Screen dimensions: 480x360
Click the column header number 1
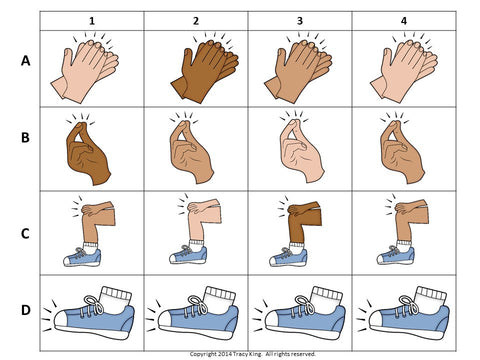(x=92, y=21)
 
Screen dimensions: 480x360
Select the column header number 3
(x=300, y=21)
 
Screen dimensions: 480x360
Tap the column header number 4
(x=404, y=21)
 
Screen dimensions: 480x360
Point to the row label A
(x=26, y=61)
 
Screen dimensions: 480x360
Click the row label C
(x=25, y=234)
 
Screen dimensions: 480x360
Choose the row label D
(x=26, y=310)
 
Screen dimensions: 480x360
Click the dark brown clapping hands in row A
(x=205, y=70)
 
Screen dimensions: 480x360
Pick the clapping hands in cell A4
(x=404, y=70)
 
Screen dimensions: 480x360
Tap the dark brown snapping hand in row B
(x=88, y=153)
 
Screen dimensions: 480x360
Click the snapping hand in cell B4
(x=402, y=152)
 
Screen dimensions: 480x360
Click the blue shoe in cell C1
(x=82, y=257)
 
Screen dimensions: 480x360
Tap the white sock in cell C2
(x=196, y=246)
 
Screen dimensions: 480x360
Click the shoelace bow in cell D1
(x=94, y=304)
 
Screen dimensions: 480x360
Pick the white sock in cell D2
(x=220, y=299)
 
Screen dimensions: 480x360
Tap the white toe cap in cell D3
(x=272, y=320)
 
